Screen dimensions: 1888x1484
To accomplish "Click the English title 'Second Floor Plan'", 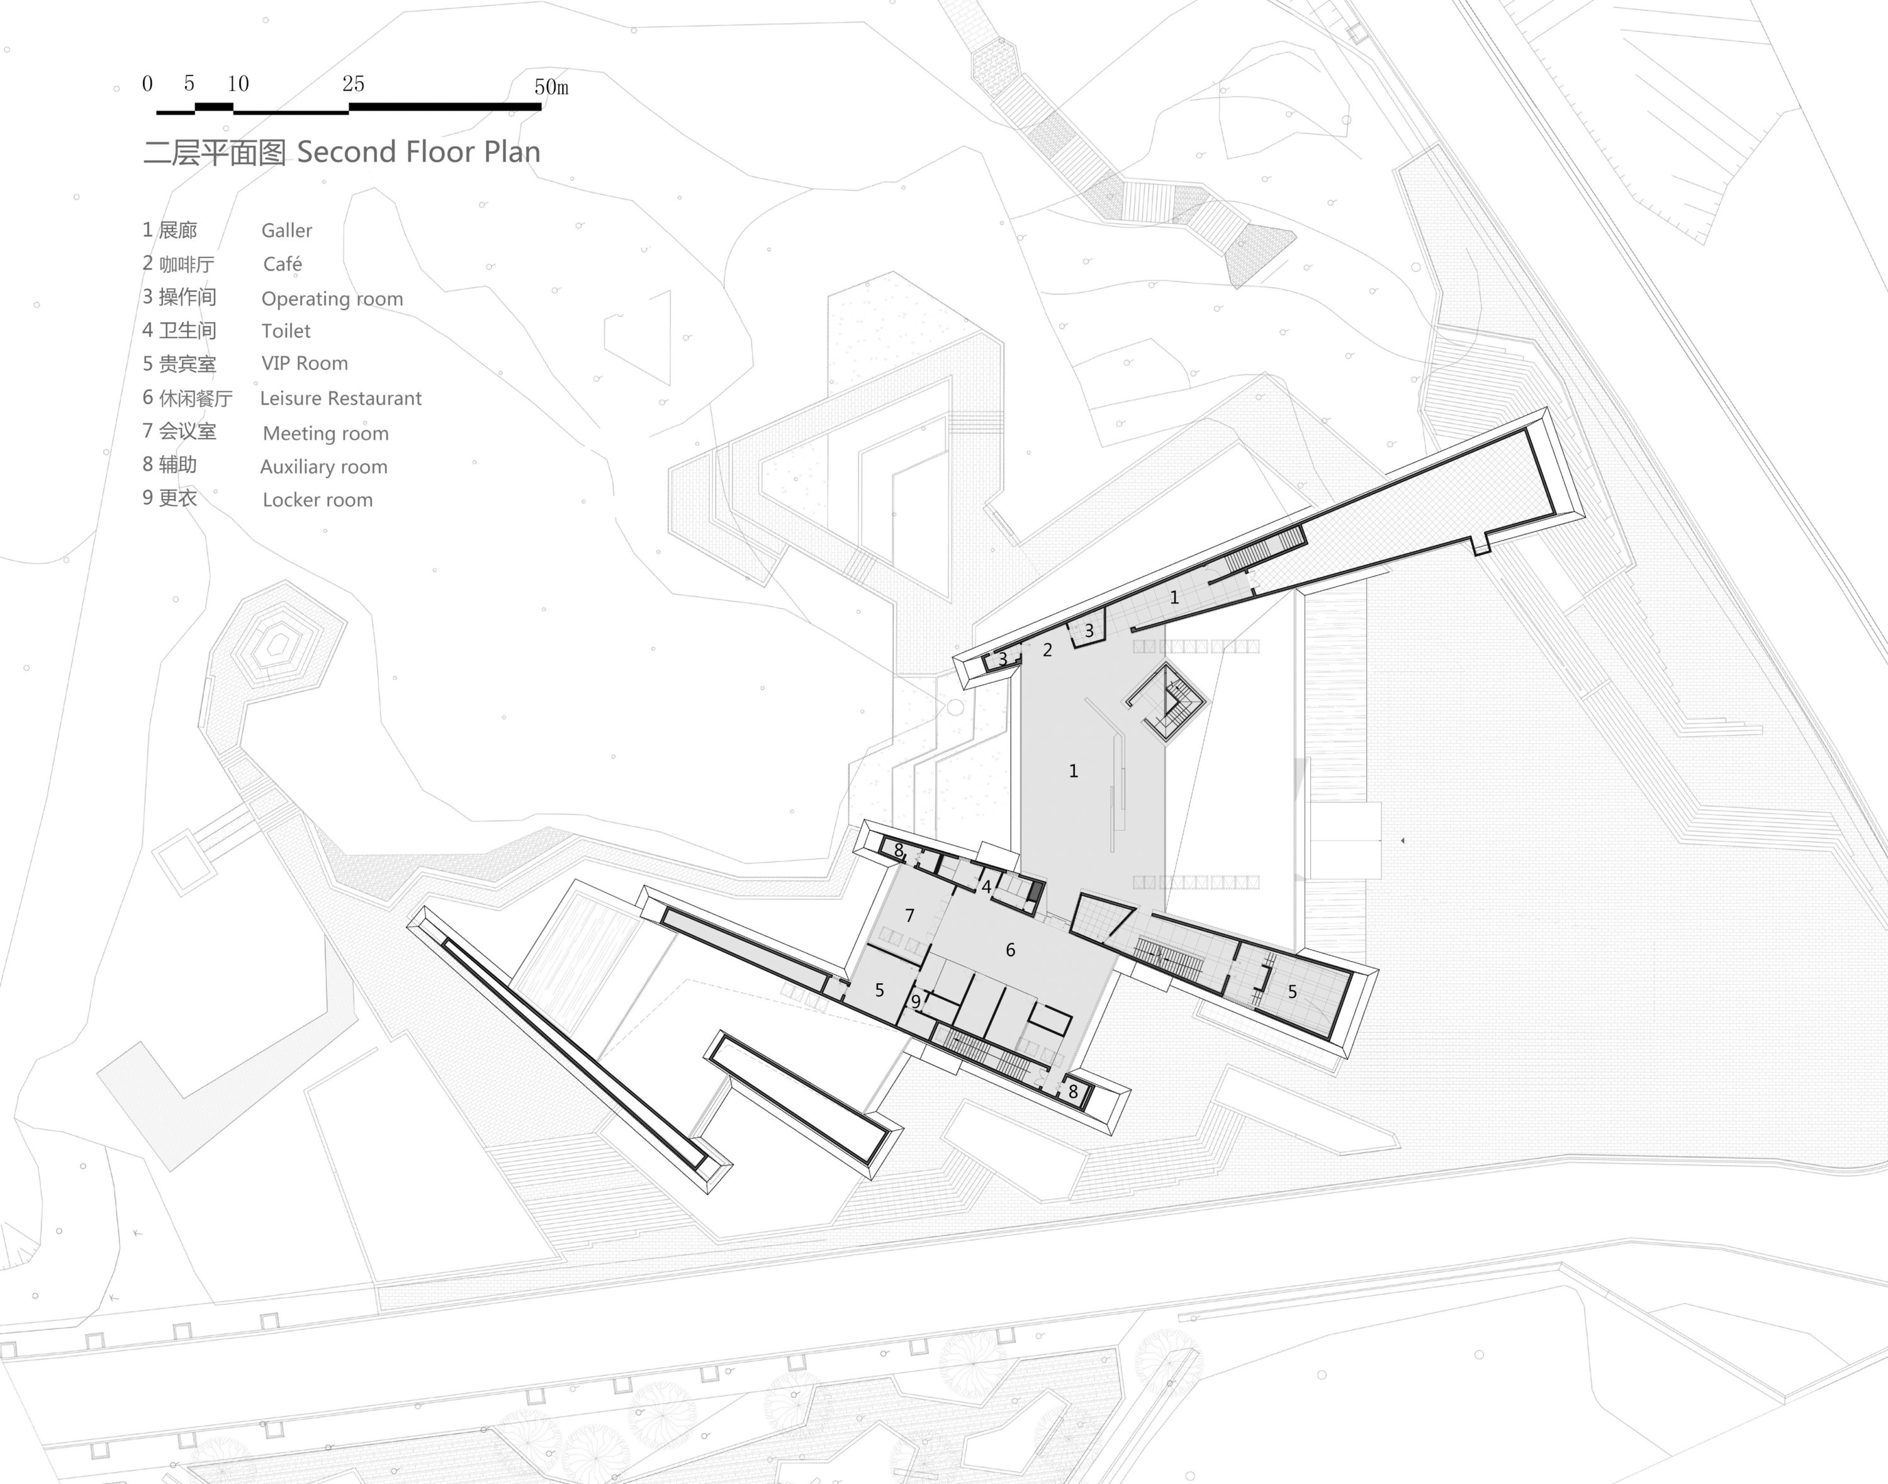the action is (419, 152).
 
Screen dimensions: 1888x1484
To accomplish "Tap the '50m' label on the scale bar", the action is (551, 87).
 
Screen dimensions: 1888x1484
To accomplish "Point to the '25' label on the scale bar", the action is (353, 84).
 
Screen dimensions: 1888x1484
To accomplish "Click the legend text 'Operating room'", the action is (332, 299).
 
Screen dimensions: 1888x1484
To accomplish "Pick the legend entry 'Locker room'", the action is (317, 500).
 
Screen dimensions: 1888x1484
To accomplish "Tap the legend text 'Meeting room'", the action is (326, 434).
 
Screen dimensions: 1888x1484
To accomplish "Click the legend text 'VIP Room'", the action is (304, 363).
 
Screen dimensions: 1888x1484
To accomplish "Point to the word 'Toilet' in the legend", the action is (286, 331).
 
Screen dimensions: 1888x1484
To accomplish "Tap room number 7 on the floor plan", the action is (909, 916).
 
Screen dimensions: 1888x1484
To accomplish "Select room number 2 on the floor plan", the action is (1048, 650).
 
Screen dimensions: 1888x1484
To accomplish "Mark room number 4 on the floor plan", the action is (986, 888).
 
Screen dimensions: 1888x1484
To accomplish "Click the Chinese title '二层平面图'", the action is (215, 153).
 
